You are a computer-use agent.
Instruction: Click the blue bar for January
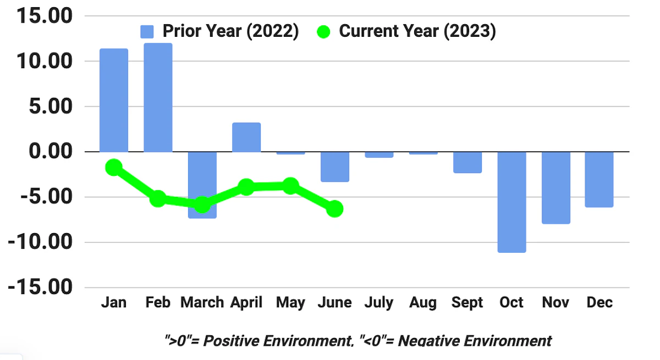[x=114, y=100]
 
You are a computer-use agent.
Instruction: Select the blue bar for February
[x=158, y=97]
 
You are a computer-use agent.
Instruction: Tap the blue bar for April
[x=246, y=137]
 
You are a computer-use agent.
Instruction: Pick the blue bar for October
[x=512, y=202]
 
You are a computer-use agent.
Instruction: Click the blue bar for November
[x=555, y=187]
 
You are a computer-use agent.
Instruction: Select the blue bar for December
[x=599, y=179]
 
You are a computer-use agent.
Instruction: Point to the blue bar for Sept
[x=468, y=162]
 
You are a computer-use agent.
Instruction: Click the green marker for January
[x=114, y=167]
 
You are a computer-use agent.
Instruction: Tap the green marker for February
[x=158, y=198]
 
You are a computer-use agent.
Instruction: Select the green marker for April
[x=246, y=187]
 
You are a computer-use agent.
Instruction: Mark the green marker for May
[x=291, y=186]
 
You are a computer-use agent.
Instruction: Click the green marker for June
[x=334, y=209]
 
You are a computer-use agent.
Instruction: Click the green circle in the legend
[x=323, y=32]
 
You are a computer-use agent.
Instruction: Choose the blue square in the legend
[x=147, y=32]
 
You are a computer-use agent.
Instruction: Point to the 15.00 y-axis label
[x=43, y=16]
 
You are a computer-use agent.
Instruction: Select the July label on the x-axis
[x=379, y=303]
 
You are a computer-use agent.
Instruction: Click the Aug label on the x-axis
[x=423, y=303]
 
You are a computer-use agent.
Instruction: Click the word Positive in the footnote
[x=239, y=341]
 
